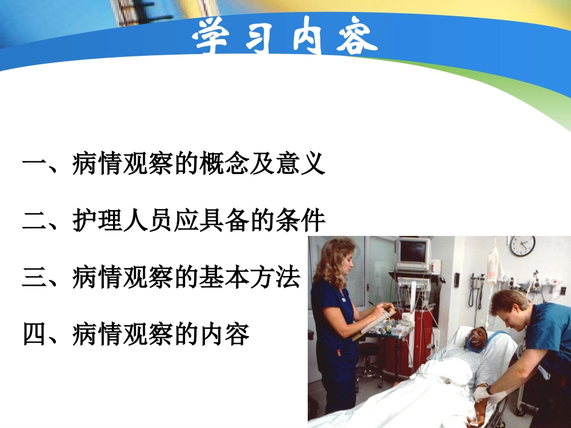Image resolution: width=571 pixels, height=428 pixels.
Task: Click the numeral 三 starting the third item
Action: (35, 279)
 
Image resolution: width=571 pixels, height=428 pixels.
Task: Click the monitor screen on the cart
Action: (414, 252)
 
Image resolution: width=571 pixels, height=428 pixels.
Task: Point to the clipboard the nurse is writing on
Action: (377, 321)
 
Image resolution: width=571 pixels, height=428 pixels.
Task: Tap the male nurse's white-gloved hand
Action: (481, 394)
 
